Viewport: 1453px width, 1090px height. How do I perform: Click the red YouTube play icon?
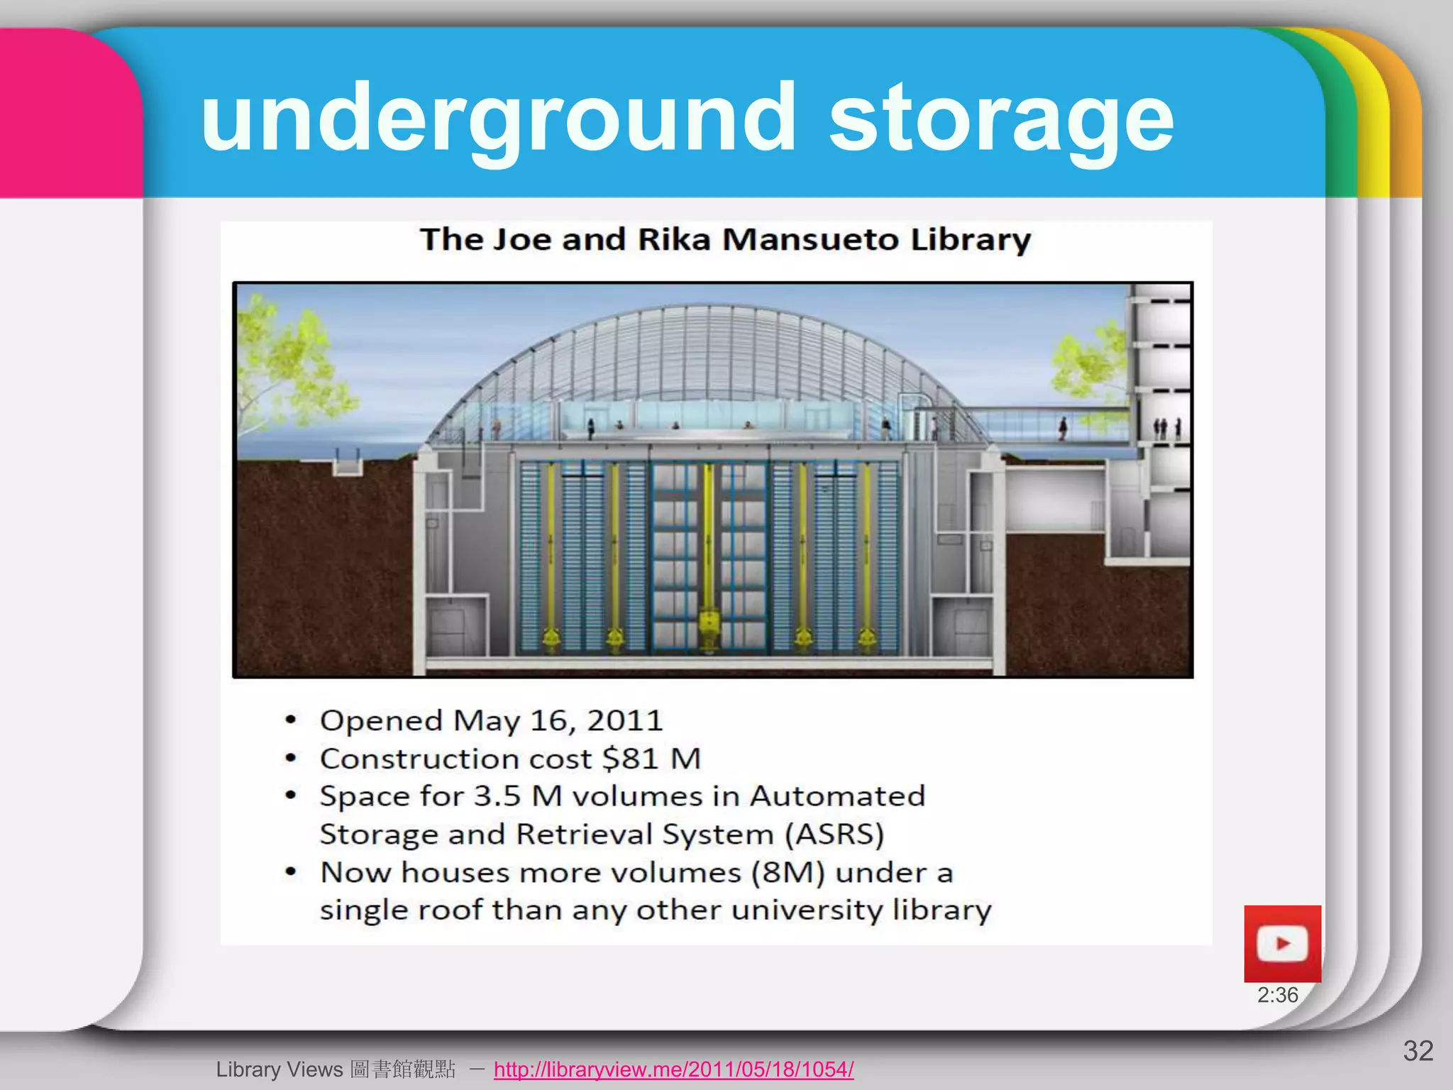pyautogui.click(x=1282, y=944)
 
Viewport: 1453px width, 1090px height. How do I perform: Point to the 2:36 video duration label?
pyautogui.click(x=1277, y=995)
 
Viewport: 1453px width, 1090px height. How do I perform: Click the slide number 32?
pyautogui.click(x=1418, y=1051)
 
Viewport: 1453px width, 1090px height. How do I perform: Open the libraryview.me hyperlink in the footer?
pyautogui.click(x=673, y=1069)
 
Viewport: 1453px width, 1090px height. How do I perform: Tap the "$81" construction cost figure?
pyautogui.click(x=630, y=759)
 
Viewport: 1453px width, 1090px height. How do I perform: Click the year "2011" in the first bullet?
pyautogui.click(x=624, y=720)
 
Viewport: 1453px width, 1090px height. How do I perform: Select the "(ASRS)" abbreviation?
pyautogui.click(x=834, y=834)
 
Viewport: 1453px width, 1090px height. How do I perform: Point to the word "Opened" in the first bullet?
pyautogui.click(x=381, y=720)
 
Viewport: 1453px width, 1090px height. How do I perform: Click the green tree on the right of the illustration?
pyautogui.click(x=1089, y=362)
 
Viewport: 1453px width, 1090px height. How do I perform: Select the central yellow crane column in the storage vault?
pyautogui.click(x=708, y=554)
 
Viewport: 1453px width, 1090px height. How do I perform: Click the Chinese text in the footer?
pyautogui.click(x=402, y=1069)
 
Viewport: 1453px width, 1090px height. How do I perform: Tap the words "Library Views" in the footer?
pyautogui.click(x=279, y=1069)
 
